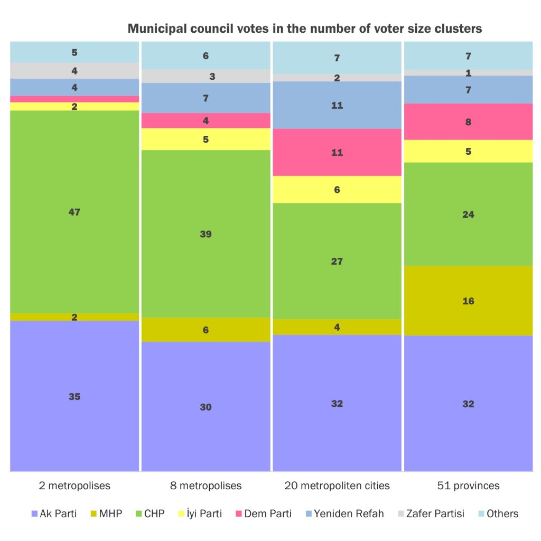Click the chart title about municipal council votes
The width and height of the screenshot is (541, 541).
[x=305, y=29]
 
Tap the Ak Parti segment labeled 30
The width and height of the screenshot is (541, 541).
[x=206, y=406]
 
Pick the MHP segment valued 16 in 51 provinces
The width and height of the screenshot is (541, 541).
[x=468, y=301]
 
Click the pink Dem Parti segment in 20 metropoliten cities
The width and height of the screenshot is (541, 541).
[x=337, y=152]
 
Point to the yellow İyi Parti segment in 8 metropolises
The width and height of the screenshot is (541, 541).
[x=206, y=139]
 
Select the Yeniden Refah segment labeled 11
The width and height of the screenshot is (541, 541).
[x=337, y=105]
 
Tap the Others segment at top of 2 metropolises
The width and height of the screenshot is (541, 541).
[x=74, y=52]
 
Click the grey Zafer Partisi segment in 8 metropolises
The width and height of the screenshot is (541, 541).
[x=206, y=76]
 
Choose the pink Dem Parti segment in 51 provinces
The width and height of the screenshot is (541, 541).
[x=468, y=122]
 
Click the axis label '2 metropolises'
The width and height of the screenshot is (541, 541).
[x=74, y=486]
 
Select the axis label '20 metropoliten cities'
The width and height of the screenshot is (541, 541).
[x=337, y=486]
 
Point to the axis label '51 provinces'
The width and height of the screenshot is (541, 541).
[x=468, y=486]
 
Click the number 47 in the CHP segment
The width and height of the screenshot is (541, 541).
[x=74, y=212]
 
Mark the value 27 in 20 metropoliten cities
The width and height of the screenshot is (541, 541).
[x=337, y=261]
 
